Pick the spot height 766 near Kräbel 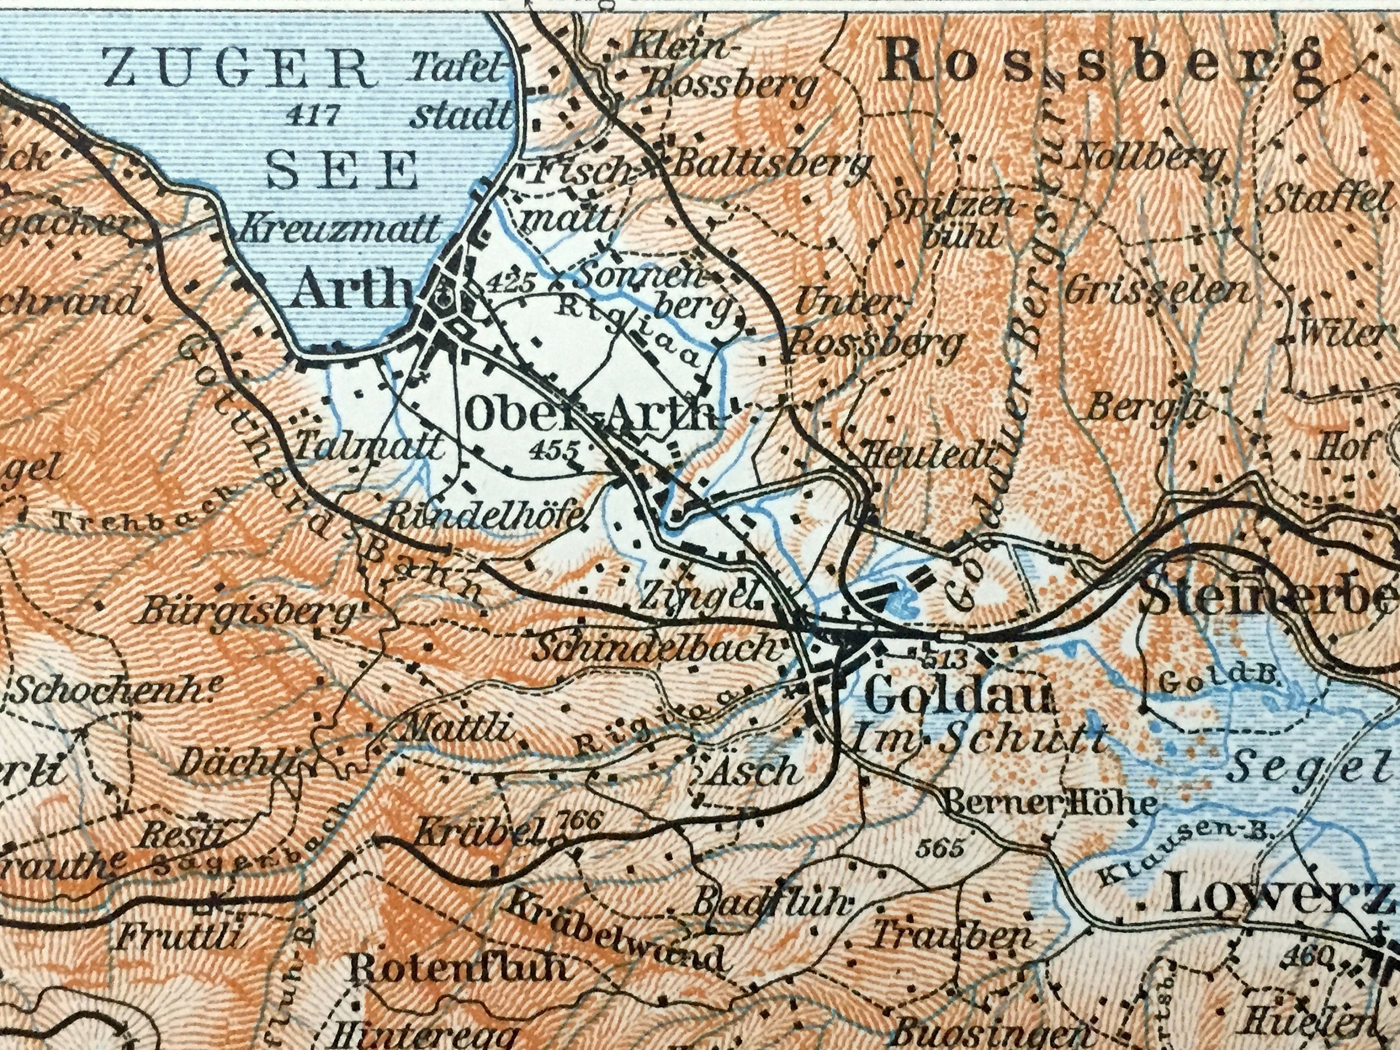point(579,821)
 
